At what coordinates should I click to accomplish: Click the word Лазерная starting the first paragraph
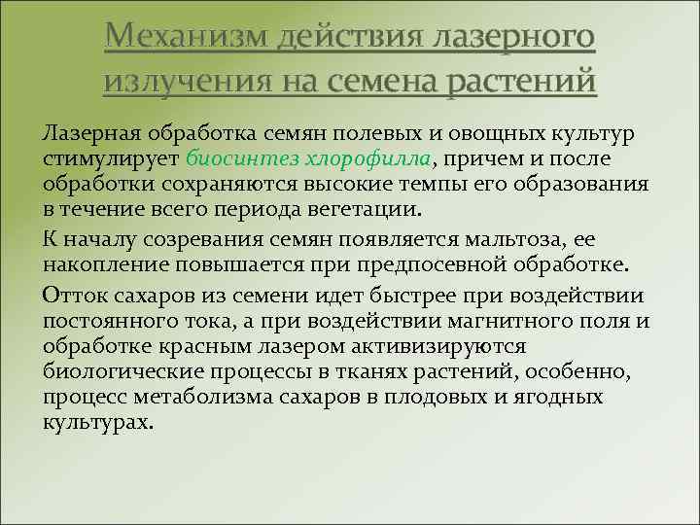[89, 132]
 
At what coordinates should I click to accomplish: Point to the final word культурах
[97, 423]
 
